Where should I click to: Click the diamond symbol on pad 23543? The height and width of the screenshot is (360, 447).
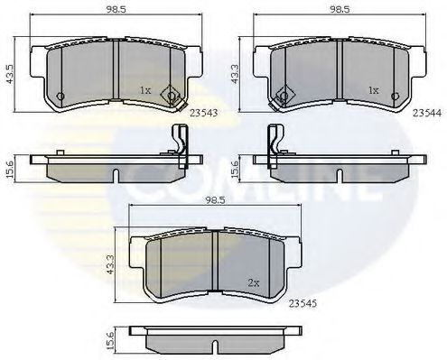click(x=172, y=97)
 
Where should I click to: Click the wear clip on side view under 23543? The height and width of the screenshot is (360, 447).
click(x=180, y=144)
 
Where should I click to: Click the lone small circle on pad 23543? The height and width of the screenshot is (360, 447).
click(x=60, y=97)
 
